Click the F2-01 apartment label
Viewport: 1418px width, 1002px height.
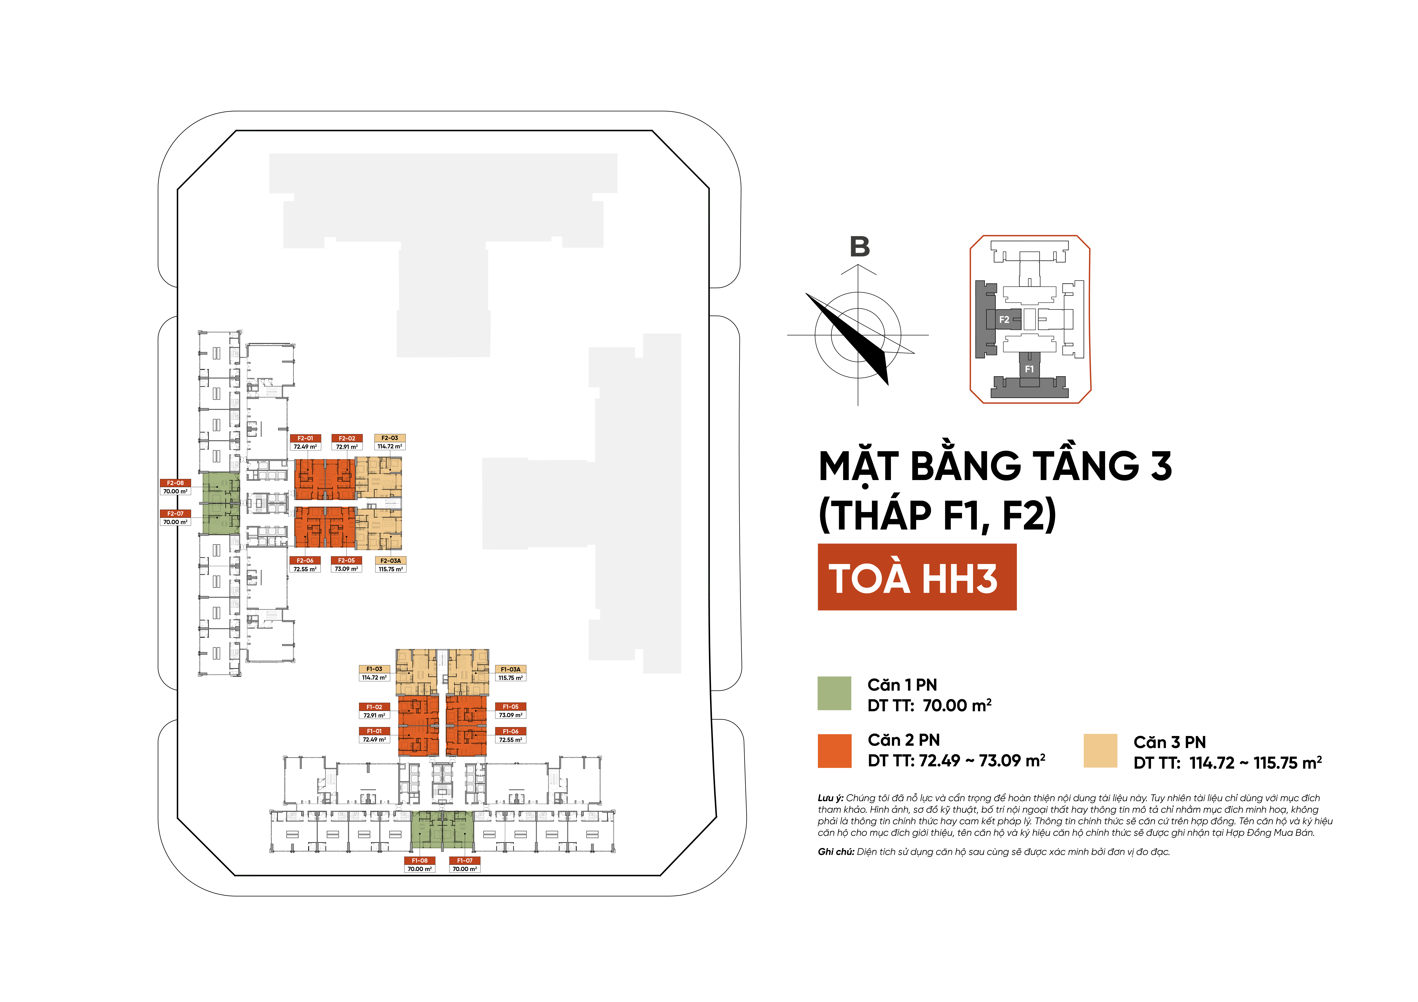click(x=305, y=438)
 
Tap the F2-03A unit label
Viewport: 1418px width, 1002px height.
click(x=390, y=560)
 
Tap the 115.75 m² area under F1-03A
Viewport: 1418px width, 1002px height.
click(x=511, y=678)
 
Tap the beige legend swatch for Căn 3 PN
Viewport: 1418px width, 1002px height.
click(x=1100, y=751)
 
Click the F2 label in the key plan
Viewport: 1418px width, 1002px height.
click(x=1004, y=319)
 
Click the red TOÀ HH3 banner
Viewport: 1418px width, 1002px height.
click(x=916, y=577)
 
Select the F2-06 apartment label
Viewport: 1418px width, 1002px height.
click(x=305, y=560)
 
